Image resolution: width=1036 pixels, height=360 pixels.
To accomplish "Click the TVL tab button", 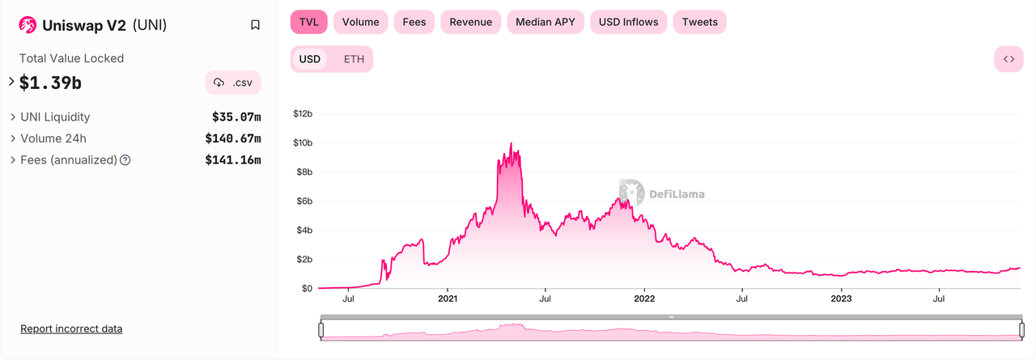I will [308, 22].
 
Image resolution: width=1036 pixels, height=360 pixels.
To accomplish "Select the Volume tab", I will [360, 22].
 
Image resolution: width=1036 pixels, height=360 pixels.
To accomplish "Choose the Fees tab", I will [414, 22].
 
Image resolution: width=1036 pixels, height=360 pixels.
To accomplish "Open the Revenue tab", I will [470, 22].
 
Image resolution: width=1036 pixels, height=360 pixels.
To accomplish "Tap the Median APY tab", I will [546, 22].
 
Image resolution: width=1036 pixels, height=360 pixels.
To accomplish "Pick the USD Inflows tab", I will [629, 22].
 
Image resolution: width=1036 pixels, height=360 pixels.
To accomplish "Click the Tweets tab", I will [699, 22].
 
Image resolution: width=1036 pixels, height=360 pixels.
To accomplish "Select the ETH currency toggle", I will [354, 59].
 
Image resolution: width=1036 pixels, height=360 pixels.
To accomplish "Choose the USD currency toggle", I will [310, 59].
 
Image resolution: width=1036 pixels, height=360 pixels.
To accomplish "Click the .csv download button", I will [233, 83].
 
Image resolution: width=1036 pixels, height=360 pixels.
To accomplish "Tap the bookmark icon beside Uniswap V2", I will [255, 25].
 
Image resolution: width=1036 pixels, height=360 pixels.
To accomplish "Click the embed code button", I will [1008, 59].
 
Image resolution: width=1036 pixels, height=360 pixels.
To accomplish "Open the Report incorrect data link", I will [71, 328].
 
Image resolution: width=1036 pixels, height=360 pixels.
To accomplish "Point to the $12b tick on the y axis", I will [303, 114].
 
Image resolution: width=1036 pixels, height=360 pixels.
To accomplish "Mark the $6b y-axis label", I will [303, 201].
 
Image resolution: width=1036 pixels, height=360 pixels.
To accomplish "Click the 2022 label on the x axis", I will [644, 299].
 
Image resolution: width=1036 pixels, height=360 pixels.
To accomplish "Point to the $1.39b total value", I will [50, 82].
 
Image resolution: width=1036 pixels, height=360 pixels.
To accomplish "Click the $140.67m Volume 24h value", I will [232, 138].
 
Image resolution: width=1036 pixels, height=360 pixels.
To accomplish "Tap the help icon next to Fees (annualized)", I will [125, 160].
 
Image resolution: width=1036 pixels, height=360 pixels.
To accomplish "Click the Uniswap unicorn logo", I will [28, 25].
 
